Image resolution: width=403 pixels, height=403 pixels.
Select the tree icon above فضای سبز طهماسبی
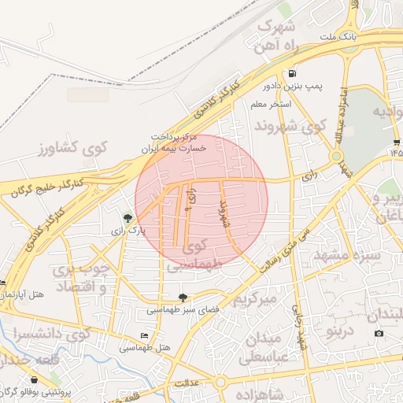[183, 298]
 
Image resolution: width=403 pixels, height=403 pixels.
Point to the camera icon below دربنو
[379, 333]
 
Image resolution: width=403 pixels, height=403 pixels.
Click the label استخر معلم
[272, 104]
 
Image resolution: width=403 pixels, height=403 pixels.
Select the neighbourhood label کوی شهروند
[290, 125]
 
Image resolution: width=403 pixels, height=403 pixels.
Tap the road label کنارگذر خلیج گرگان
[49, 187]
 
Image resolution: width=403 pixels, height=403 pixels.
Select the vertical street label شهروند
[223, 213]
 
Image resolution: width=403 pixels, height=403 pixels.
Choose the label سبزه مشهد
[347, 256]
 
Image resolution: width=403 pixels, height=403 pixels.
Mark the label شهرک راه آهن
[275, 35]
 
